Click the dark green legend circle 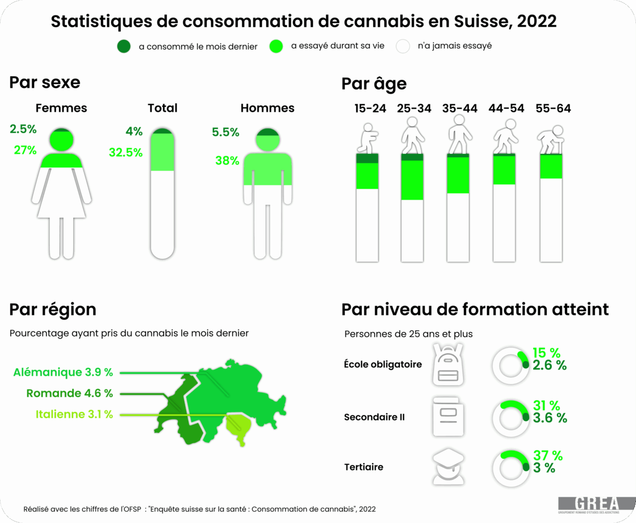[124, 46]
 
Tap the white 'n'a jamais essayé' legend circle [403, 46]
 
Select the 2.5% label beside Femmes [23, 129]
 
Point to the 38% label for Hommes [227, 161]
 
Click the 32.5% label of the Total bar [126, 153]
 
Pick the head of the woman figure [62, 140]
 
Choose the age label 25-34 [414, 109]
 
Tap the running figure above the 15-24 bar [368, 139]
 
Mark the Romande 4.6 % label [70, 393]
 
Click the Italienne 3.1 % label [74, 414]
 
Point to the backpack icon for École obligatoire [448, 365]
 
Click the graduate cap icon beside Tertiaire [448, 466]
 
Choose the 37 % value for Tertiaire [548, 455]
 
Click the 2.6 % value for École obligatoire [550, 365]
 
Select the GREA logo [596, 504]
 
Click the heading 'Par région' [52, 309]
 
